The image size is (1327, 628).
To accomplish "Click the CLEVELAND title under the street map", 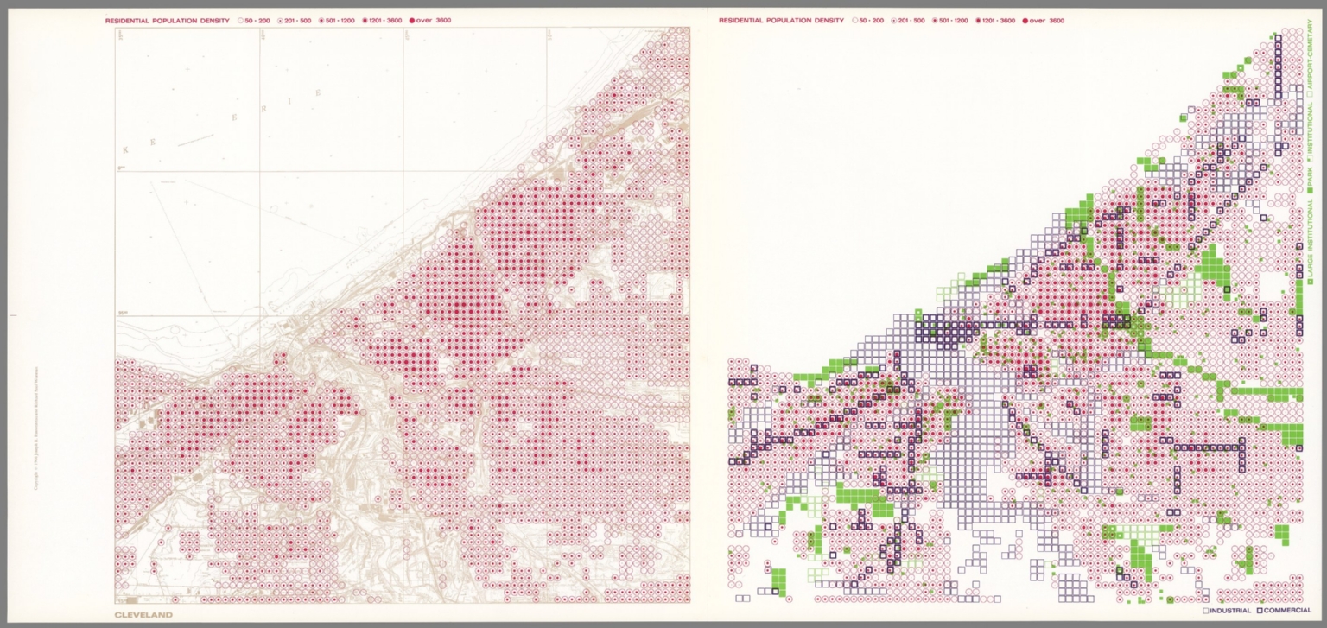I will point(143,615).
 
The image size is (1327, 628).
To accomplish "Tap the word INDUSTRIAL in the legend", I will point(1229,611).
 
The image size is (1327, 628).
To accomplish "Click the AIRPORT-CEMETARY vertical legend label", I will point(1311,60).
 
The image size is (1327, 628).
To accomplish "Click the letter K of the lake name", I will point(125,150).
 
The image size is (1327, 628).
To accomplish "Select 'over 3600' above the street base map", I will point(433,20).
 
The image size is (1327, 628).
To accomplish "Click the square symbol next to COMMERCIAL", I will point(1260,611).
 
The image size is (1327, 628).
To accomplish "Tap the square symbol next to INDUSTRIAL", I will point(1206,611).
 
